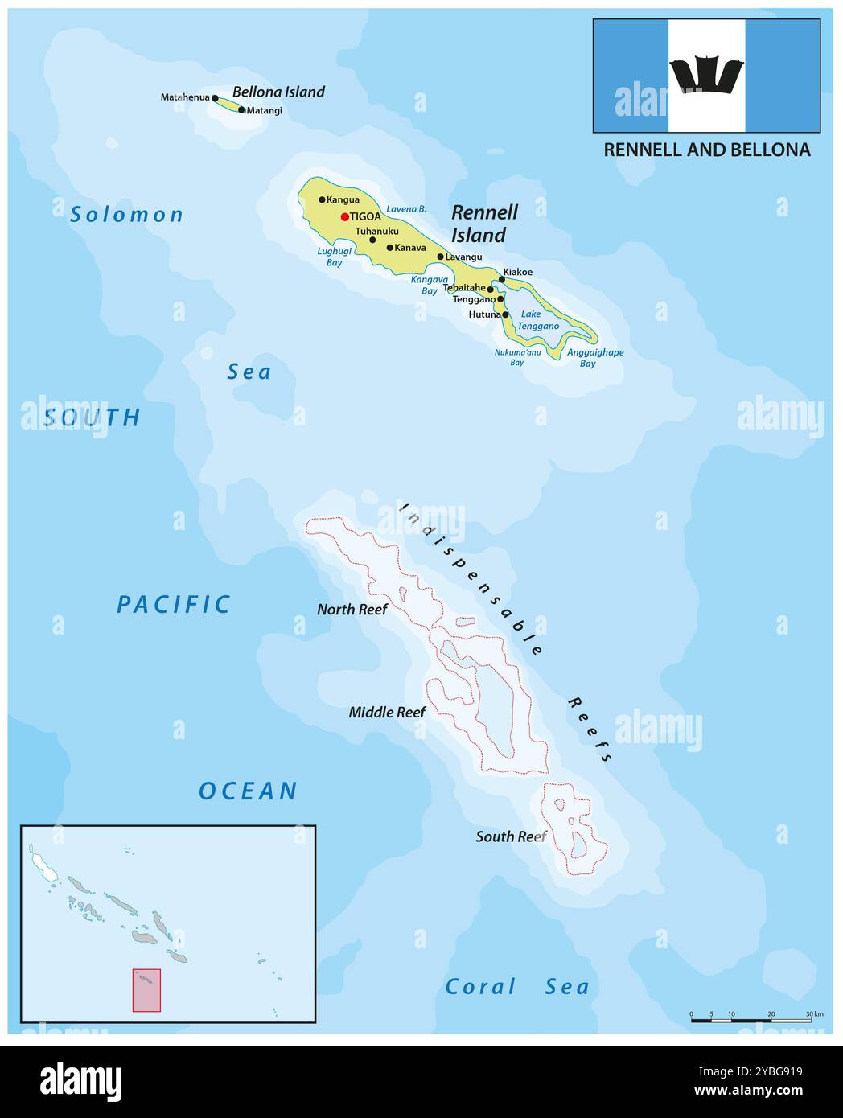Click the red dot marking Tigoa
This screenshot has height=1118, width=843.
pos(344,216)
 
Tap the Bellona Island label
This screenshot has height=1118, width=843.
pos(278,92)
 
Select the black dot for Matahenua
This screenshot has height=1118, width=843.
pos(215,98)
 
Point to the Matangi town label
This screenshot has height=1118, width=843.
pos(265,110)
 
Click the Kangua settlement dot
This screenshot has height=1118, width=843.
pos(322,199)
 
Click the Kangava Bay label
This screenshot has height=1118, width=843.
pos(430,285)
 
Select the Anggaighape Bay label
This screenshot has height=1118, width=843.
pos(594,358)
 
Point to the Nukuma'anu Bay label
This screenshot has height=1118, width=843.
pos(516,357)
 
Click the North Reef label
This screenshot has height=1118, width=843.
pos(352,610)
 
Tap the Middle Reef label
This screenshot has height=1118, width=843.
pos(387,712)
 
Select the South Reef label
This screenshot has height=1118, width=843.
pos(511,836)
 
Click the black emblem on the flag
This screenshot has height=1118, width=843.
pos(705,76)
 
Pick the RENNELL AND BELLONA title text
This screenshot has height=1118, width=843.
pos(706,150)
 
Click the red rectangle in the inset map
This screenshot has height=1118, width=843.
pos(146,990)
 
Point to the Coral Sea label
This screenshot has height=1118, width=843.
pos(516,987)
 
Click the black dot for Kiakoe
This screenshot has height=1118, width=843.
pos(502,279)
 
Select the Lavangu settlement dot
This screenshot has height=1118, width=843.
pos(440,257)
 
